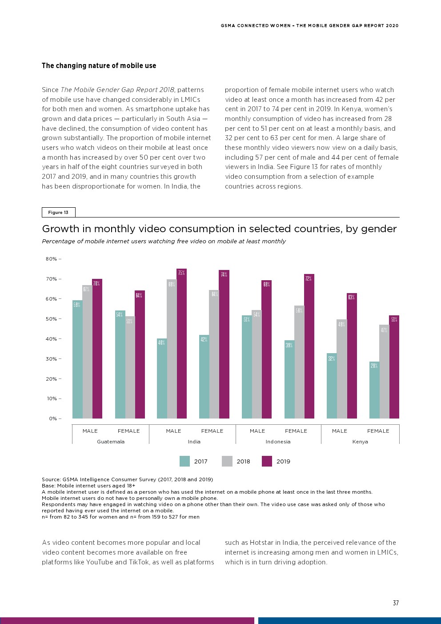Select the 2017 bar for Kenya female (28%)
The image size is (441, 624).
coord(374,390)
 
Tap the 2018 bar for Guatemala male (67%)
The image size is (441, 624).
coord(87,352)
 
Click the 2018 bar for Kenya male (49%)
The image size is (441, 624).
coord(341,369)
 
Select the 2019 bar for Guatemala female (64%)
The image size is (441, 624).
coord(140,354)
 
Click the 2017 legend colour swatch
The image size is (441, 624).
coord(184,461)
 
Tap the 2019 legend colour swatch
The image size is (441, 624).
coord(267,461)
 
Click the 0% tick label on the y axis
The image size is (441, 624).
coord(53,419)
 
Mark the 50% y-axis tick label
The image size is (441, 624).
coord(51,319)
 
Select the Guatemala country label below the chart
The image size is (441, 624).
coord(111,442)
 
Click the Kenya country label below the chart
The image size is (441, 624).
coord(360,442)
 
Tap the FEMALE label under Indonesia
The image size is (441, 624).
coord(296,431)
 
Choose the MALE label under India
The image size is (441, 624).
coord(173,431)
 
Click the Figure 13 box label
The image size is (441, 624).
coord(58,212)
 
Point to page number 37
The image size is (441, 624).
coord(396,603)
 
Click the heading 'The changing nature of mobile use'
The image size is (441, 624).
coord(99,66)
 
